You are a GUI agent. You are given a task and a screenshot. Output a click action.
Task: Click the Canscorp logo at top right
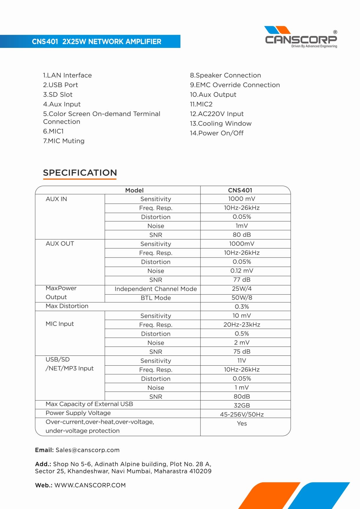pyautogui.click(x=301, y=37)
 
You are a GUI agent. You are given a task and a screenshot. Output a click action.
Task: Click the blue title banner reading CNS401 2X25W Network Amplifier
pyautogui.click(x=96, y=41)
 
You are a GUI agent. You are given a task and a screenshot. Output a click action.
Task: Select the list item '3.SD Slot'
pyautogui.click(x=58, y=95)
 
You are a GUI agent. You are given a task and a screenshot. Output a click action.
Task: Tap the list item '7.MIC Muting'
pyautogui.click(x=64, y=141)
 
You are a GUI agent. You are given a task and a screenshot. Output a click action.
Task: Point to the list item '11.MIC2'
pyautogui.click(x=201, y=104)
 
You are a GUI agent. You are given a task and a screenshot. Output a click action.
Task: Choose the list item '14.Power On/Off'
pyautogui.click(x=217, y=133)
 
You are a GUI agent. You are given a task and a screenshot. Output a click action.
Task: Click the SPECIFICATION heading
pyautogui.click(x=80, y=173)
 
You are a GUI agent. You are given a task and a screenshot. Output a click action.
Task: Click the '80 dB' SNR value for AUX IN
pyautogui.click(x=242, y=235)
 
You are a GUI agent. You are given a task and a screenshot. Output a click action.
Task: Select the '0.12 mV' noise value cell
pyautogui.click(x=242, y=271)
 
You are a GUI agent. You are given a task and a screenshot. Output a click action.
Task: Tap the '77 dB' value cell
pyautogui.click(x=242, y=280)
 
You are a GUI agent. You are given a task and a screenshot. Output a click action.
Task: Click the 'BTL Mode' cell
pyautogui.click(x=155, y=298)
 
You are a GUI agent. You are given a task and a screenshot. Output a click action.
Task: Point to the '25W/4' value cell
pyautogui.click(x=242, y=289)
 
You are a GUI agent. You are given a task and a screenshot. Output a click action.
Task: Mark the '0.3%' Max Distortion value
pyautogui.click(x=242, y=307)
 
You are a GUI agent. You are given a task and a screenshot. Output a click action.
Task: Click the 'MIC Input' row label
pyautogui.click(x=60, y=324)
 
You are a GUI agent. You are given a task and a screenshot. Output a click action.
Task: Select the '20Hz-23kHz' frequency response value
pyautogui.click(x=242, y=325)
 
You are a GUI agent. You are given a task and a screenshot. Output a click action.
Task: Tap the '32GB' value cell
pyautogui.click(x=242, y=405)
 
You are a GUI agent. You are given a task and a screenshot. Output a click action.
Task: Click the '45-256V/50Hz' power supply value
pyautogui.click(x=242, y=414)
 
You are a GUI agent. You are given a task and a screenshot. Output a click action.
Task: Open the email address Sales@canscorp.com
pyautogui.click(x=87, y=450)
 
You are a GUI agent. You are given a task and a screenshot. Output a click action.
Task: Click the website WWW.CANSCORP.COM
pyautogui.click(x=90, y=485)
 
